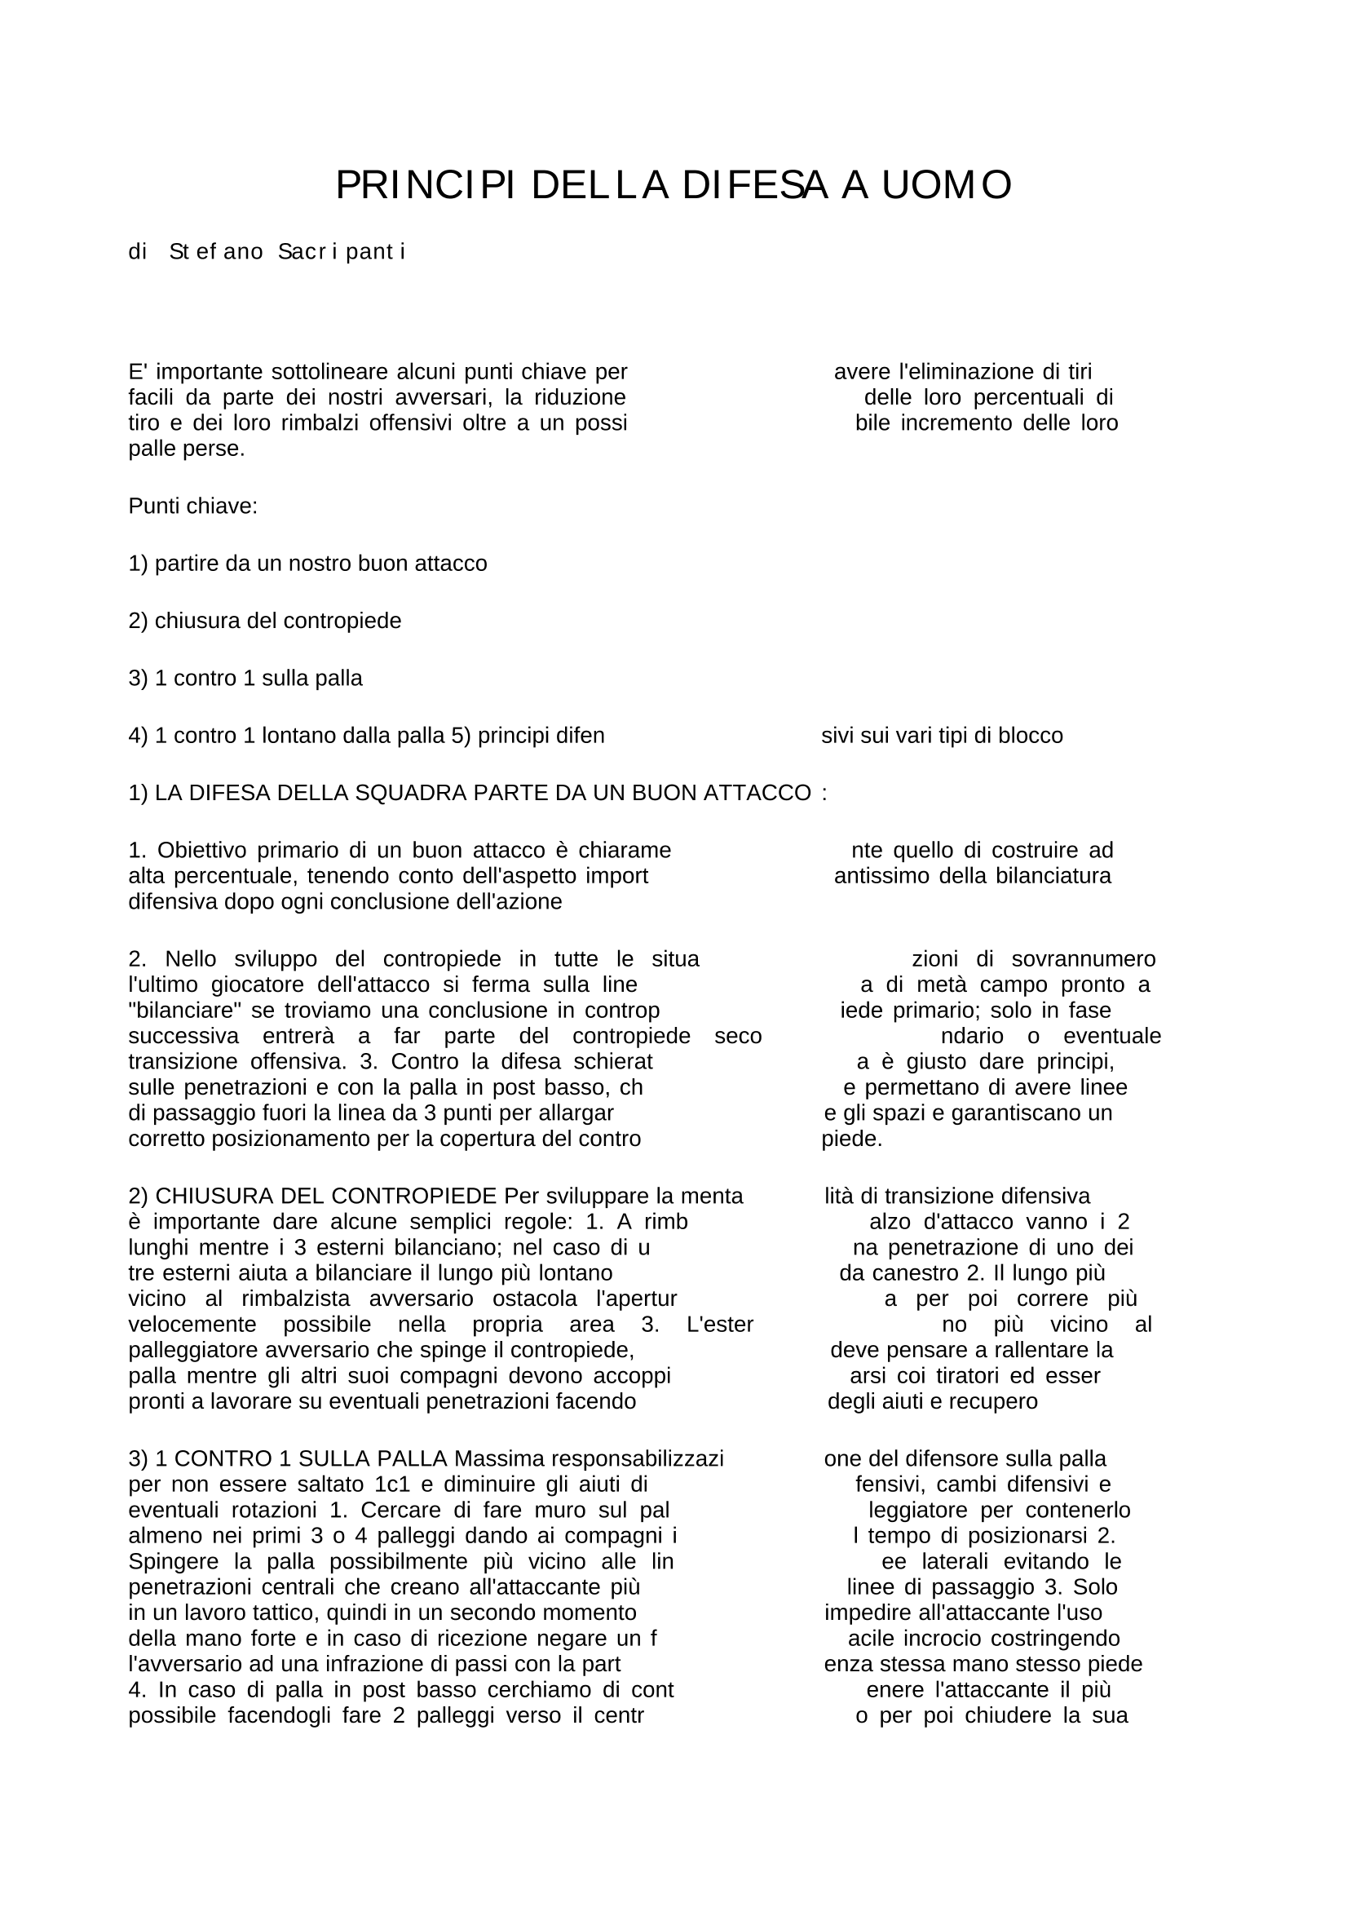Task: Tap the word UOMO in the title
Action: click(x=946, y=185)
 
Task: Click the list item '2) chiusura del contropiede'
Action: click(x=264, y=621)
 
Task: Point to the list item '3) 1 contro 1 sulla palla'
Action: click(x=245, y=678)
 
